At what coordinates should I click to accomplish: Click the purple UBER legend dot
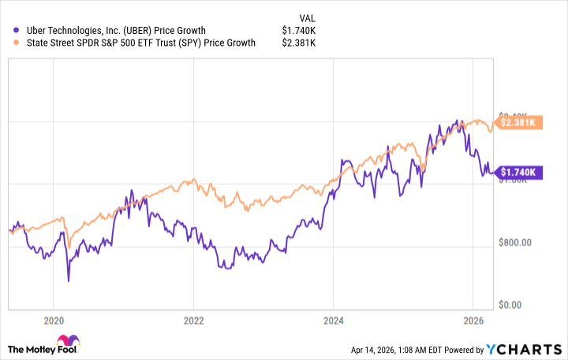(x=8, y=31)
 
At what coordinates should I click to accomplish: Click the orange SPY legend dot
(x=8, y=43)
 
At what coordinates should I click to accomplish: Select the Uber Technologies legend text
(x=110, y=31)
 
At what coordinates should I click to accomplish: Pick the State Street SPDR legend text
(x=135, y=43)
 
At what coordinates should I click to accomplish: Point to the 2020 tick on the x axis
(x=53, y=321)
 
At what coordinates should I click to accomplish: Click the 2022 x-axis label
(x=193, y=321)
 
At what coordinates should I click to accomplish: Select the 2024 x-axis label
(x=334, y=321)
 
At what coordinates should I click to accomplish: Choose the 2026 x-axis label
(x=473, y=321)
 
